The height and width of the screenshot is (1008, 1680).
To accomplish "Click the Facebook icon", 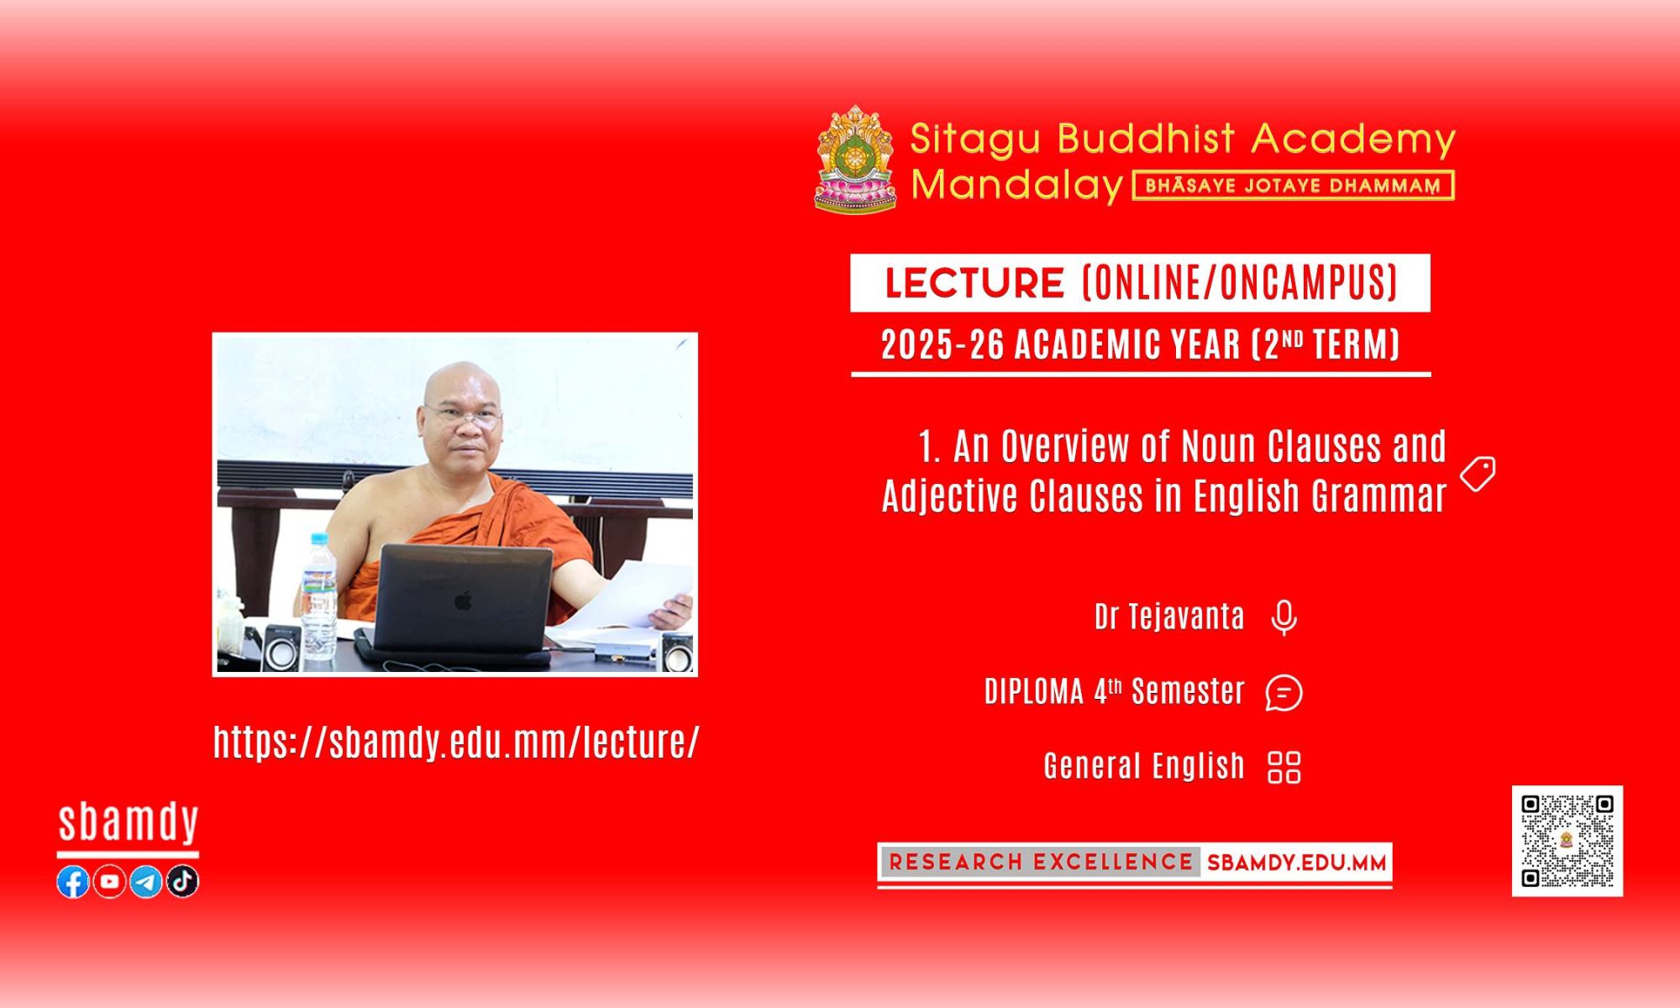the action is pos(73,882).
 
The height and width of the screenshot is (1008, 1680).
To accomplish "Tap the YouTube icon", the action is pos(110,882).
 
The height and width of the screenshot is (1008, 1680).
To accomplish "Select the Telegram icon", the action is pos(146,882).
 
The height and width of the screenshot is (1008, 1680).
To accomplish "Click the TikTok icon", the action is pos(182,882).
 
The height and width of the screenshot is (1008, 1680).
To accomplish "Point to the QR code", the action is pos(1567,841).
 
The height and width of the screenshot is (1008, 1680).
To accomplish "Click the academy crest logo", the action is pos(856,159).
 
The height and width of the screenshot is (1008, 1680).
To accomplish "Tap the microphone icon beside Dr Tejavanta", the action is pos(1284,618).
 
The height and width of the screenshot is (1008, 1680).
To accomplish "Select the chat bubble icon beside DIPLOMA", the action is pos(1284,693).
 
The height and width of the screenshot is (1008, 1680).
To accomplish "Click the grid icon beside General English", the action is pos(1284,767).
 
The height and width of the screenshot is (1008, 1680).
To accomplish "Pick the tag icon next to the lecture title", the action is pos(1478,474).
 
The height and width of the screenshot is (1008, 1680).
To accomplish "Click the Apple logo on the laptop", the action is pos(463,600).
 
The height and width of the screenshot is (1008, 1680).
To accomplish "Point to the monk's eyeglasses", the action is pos(463,415).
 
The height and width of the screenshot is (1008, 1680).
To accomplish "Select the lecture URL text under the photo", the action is pos(456,742).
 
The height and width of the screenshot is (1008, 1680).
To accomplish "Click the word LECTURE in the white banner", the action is pos(974,283).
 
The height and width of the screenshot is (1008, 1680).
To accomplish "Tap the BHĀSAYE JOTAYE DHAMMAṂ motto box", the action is pos(1294,186).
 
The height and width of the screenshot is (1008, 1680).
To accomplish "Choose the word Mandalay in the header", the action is pos(1017,185).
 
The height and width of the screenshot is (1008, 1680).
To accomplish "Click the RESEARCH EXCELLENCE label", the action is pos(1041,862).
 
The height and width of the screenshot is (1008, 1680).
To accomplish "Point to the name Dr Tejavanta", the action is pos(1169,617).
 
